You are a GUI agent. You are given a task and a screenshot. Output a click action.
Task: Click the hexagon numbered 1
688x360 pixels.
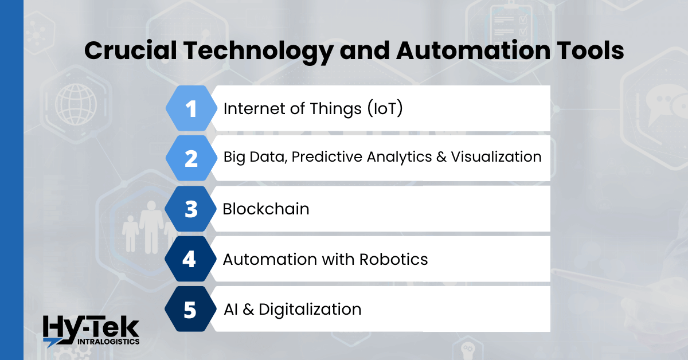coord(190,108)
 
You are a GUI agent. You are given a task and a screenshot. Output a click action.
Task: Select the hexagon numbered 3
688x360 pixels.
coord(190,209)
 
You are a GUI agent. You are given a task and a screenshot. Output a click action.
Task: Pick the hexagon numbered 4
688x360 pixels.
coord(189,259)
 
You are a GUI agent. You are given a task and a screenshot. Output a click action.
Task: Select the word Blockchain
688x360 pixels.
coord(266,209)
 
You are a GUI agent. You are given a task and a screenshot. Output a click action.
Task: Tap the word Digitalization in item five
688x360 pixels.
coord(310,310)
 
